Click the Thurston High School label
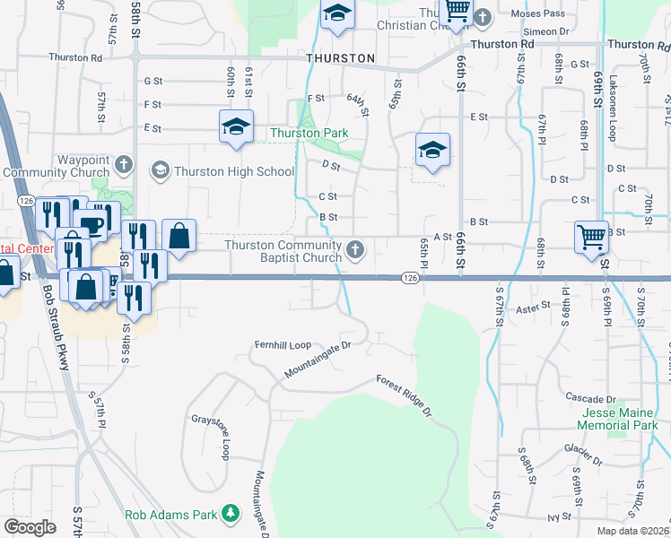click(234, 171)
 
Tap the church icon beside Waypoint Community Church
click(124, 165)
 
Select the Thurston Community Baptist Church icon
click(356, 250)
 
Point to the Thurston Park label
click(309, 134)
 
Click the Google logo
click(30, 527)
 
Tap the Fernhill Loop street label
click(282, 343)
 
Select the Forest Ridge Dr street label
click(405, 395)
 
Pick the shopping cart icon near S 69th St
click(592, 238)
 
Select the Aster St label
click(533, 308)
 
